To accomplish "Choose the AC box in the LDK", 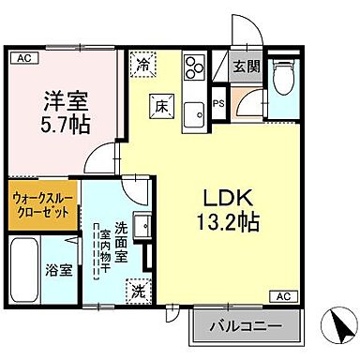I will pyautogui.click(x=278, y=296).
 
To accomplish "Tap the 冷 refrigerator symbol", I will pyautogui.click(x=142, y=67).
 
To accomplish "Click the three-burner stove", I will pyautogui.click(x=194, y=68).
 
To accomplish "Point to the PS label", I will pyautogui.click(x=218, y=104).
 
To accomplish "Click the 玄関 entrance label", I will pyautogui.click(x=247, y=67).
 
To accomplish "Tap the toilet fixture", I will pyautogui.click(x=282, y=77).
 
